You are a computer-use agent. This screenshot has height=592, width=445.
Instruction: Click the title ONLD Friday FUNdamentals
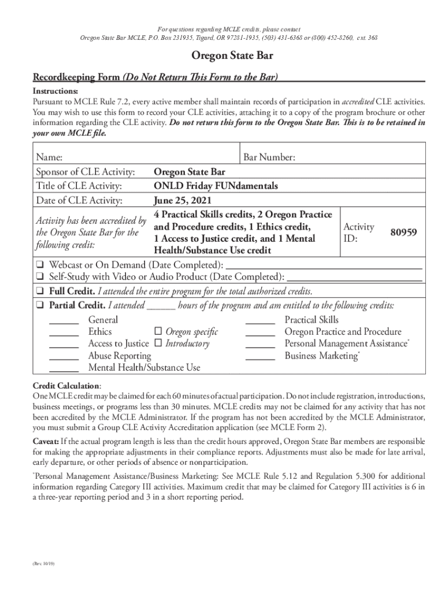(x=216, y=186)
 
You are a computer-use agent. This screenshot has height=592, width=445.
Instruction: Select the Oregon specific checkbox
(x=158, y=332)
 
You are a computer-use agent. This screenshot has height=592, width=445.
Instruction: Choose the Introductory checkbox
(x=158, y=344)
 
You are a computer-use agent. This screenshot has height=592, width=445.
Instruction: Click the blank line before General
(x=64, y=323)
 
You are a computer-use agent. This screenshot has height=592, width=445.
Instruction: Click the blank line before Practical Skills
(x=261, y=323)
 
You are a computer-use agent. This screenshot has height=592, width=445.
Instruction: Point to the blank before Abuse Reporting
(x=64, y=359)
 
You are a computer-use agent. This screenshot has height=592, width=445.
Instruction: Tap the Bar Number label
(x=269, y=157)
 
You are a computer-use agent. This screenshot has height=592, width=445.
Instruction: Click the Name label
(x=49, y=158)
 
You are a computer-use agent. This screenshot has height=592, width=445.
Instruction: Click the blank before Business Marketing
(x=261, y=359)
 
